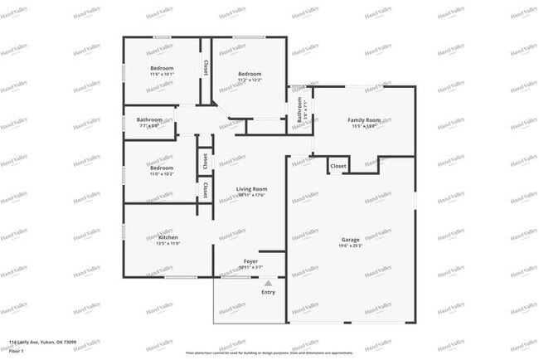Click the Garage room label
point(350,239)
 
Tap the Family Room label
point(364,120)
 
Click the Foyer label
point(250,261)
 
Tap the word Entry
point(268,292)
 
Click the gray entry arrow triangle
point(268,283)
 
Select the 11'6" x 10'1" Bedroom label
point(162,68)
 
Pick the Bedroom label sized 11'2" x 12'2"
point(250,74)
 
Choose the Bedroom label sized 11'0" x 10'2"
point(162,168)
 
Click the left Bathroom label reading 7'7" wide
point(150,120)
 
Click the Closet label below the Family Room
point(338,167)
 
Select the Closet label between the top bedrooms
point(205,66)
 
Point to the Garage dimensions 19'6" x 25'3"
point(350,246)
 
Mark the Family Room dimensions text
point(364,126)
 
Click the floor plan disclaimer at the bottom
point(269,352)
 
